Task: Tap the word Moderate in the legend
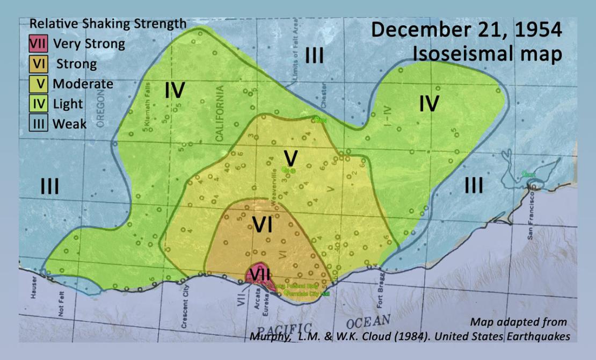point(83,84)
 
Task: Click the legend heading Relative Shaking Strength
point(107,24)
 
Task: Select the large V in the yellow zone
point(290,158)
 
